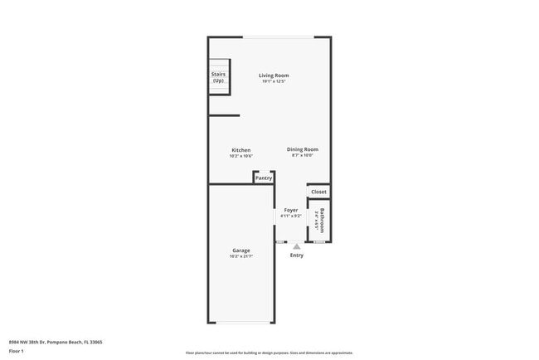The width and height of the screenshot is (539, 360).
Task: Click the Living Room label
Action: point(274,75)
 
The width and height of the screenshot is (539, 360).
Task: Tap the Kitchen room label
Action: point(240,150)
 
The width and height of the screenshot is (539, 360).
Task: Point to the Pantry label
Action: point(264,178)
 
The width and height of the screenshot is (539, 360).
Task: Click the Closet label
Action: point(319,192)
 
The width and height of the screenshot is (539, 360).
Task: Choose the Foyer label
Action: point(291,211)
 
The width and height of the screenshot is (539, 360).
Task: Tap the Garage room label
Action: point(240,250)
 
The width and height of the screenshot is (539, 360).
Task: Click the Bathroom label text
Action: point(323,219)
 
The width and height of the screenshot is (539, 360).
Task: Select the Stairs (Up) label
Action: point(218,77)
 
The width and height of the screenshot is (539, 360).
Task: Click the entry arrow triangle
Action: point(296,246)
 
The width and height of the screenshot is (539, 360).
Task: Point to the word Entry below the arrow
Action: point(296,255)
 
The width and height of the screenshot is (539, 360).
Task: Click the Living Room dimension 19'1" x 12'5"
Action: point(274,81)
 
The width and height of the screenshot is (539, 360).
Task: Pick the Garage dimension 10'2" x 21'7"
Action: point(240,256)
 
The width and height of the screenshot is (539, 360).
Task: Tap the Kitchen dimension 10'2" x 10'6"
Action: point(240,156)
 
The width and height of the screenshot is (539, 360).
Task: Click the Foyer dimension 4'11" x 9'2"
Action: point(291,216)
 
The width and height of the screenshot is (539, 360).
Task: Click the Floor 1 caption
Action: point(16,352)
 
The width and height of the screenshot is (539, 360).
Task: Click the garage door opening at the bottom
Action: point(240,323)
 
